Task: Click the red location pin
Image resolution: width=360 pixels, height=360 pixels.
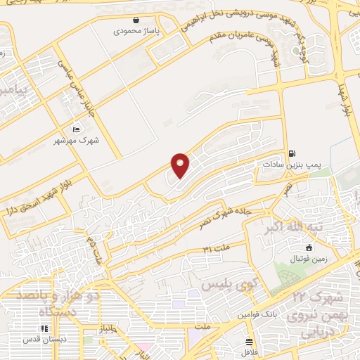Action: pos(181,165)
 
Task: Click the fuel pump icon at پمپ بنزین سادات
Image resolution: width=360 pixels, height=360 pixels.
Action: pos(292,153)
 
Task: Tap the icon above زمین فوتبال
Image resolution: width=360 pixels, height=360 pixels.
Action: pos(309,247)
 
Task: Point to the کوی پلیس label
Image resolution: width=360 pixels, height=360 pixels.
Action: pos(226,286)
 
